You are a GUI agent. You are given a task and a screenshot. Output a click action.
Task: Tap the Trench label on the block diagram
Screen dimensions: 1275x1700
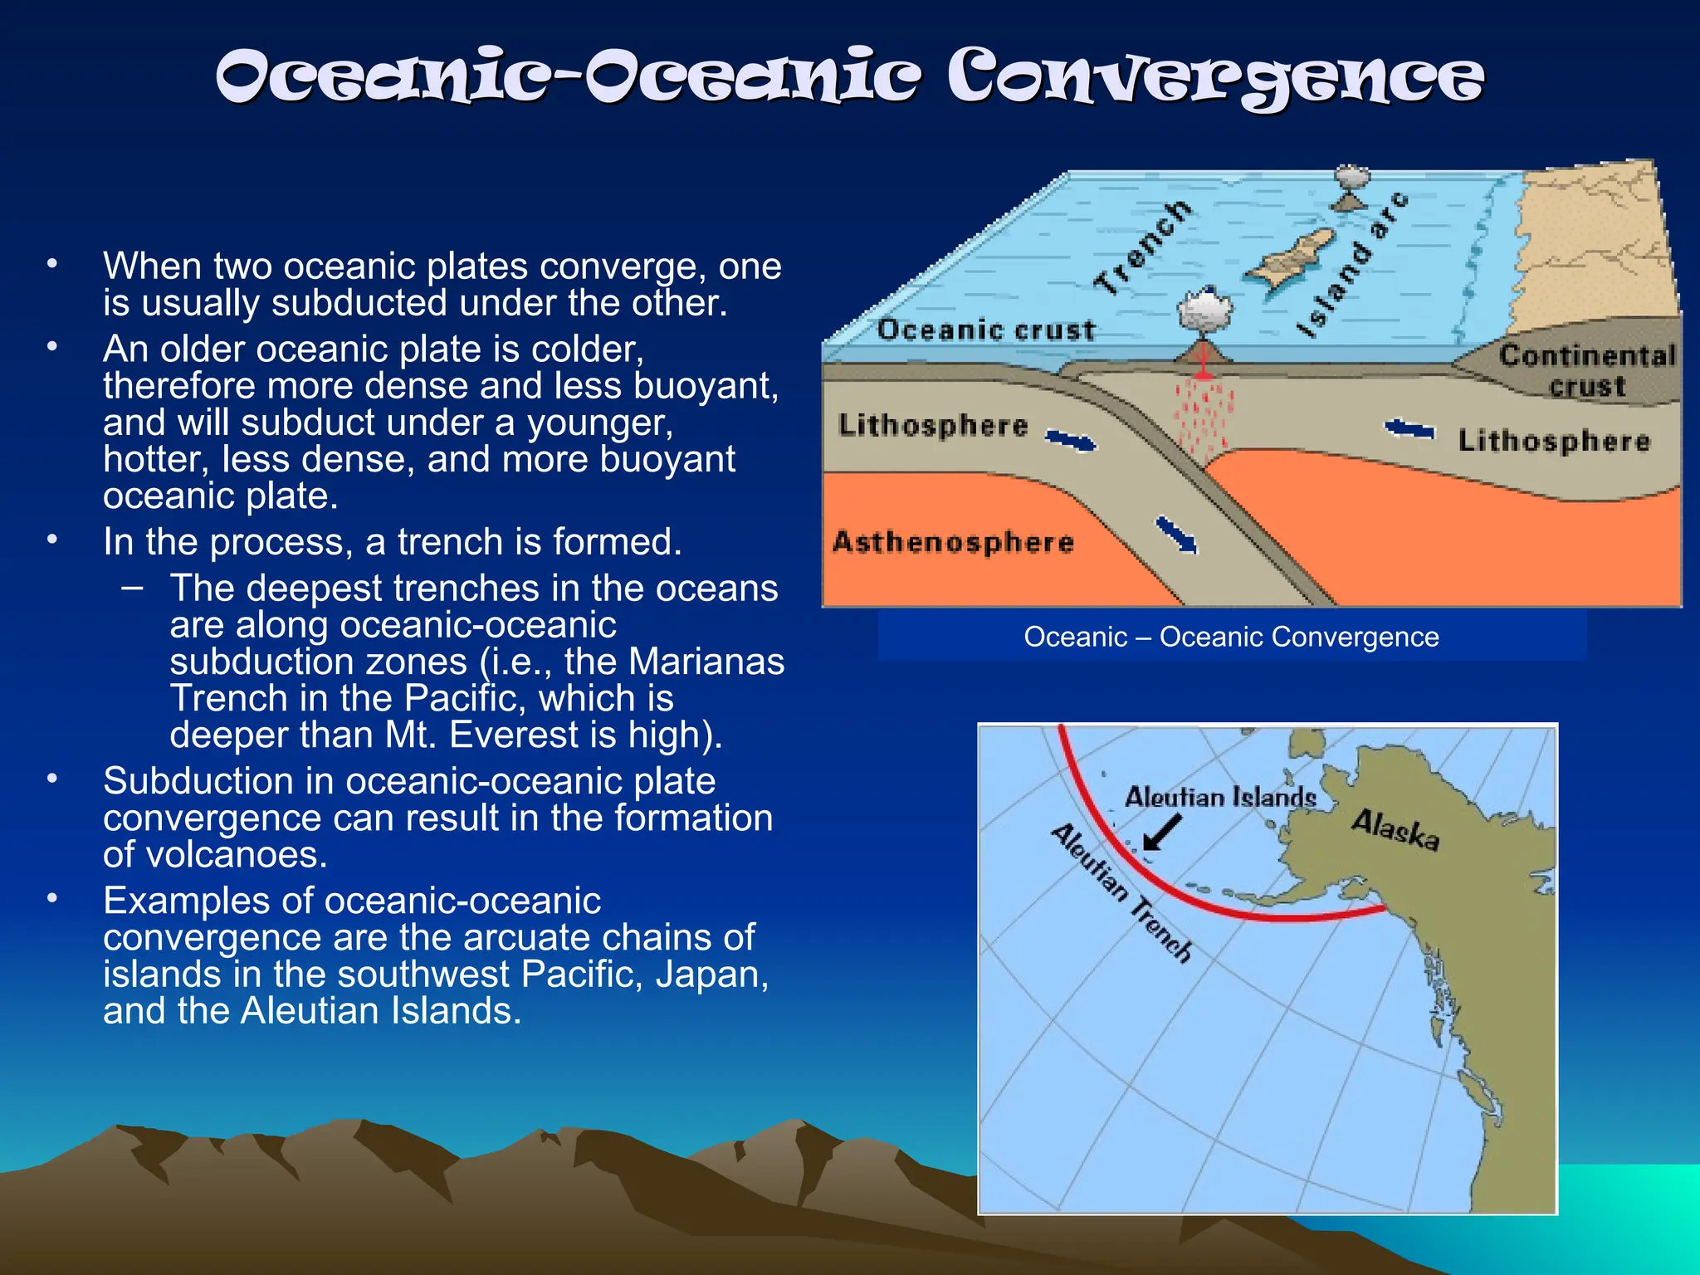(x=1143, y=247)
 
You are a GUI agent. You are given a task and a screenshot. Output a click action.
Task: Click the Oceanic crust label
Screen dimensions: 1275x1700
(x=985, y=330)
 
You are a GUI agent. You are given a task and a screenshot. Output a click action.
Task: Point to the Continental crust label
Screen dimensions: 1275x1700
(x=1586, y=370)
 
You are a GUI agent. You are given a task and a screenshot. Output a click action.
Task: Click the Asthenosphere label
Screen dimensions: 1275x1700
(x=953, y=542)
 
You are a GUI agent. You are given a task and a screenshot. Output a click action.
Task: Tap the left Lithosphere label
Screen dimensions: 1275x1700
(x=933, y=425)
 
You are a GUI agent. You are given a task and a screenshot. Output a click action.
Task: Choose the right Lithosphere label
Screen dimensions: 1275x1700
(x=1554, y=440)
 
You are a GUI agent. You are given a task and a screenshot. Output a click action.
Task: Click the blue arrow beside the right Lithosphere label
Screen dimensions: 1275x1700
(x=1409, y=429)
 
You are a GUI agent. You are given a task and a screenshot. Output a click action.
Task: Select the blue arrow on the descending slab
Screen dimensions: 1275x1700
(x=1177, y=534)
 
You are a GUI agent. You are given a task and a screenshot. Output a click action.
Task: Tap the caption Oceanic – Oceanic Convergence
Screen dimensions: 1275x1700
(x=1231, y=637)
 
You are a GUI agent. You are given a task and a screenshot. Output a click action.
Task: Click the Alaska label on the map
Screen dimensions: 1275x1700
(x=1395, y=829)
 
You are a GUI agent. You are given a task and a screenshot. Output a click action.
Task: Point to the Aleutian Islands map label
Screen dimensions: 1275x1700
(x=1220, y=797)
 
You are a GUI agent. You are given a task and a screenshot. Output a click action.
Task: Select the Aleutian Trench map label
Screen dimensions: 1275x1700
(x=1121, y=892)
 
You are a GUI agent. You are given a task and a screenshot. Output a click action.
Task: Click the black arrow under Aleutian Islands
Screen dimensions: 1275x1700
(x=1161, y=833)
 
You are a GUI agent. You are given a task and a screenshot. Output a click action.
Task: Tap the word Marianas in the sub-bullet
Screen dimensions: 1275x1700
(x=706, y=662)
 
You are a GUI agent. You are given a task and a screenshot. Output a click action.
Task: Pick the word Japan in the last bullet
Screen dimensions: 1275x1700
(x=711, y=974)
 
